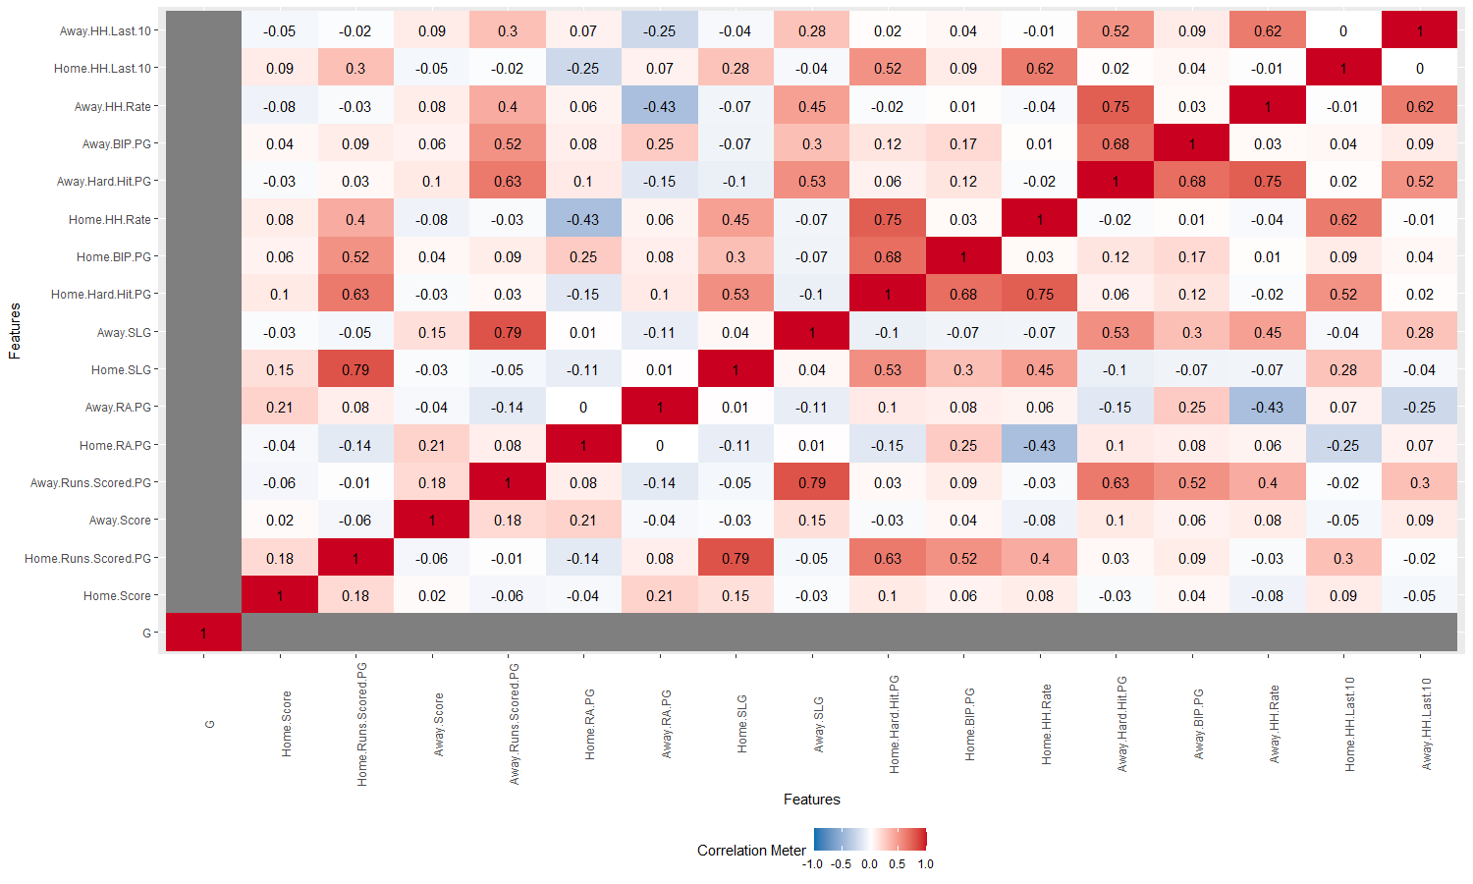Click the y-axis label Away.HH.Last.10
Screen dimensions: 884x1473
pos(105,31)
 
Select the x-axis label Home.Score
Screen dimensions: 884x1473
pos(287,723)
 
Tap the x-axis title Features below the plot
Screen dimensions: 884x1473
pos(811,800)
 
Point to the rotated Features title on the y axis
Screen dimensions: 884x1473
pos(15,331)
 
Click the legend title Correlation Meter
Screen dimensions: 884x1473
pos(751,851)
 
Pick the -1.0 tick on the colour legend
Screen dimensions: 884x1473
pos(813,864)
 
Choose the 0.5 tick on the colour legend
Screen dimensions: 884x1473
pos(897,864)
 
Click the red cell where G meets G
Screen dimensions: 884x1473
pos(203,634)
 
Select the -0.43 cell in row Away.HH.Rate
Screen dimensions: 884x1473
pos(660,107)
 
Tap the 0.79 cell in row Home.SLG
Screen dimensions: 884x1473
pos(355,370)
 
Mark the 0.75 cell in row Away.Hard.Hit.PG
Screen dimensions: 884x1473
pos(1268,182)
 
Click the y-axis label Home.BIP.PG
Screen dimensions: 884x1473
pos(114,257)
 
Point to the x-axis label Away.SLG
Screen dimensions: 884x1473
pos(819,725)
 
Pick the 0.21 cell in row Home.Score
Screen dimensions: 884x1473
pos(660,596)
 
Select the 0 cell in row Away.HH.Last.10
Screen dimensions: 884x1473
pos(1343,31)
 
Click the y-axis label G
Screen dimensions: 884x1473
pos(146,634)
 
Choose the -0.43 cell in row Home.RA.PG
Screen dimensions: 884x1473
pos(1040,446)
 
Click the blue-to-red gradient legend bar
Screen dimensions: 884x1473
pos(870,839)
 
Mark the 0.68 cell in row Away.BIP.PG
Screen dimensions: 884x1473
pos(1116,144)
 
